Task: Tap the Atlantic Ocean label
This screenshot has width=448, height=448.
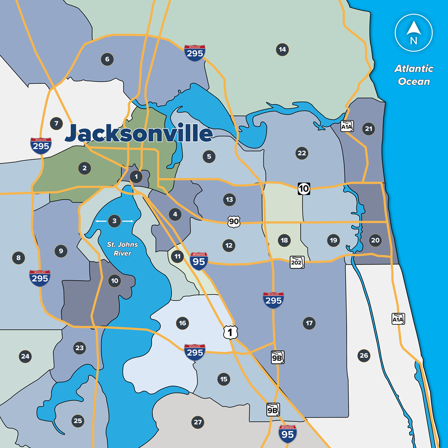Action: point(413,75)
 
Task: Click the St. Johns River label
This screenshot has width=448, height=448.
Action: point(123,249)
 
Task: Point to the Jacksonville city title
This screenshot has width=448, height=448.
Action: point(139,134)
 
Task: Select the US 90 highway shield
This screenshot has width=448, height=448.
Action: point(233,221)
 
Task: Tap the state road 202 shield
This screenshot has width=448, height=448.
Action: point(297,262)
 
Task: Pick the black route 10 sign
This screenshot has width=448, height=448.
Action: point(304,189)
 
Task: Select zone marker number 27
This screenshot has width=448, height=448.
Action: point(198,422)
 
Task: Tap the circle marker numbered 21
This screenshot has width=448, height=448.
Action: point(368,129)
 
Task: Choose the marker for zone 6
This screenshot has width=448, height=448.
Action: point(107,59)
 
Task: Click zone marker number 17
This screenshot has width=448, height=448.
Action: point(309,323)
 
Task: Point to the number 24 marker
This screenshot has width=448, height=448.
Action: point(26,356)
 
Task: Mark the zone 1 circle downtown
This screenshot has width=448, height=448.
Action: point(136,177)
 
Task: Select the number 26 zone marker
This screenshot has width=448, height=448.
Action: point(364,356)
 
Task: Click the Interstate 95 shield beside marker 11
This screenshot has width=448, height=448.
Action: point(198,261)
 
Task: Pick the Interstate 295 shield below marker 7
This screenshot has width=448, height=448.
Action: point(41,145)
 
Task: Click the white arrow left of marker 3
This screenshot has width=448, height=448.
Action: point(101,221)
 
